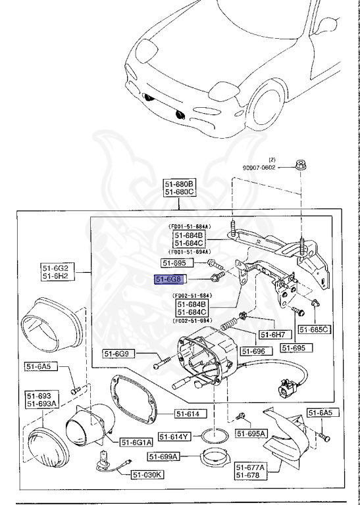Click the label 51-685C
pos(314,329)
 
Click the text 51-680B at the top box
pos(180,183)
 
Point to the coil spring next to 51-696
pos(228,324)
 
